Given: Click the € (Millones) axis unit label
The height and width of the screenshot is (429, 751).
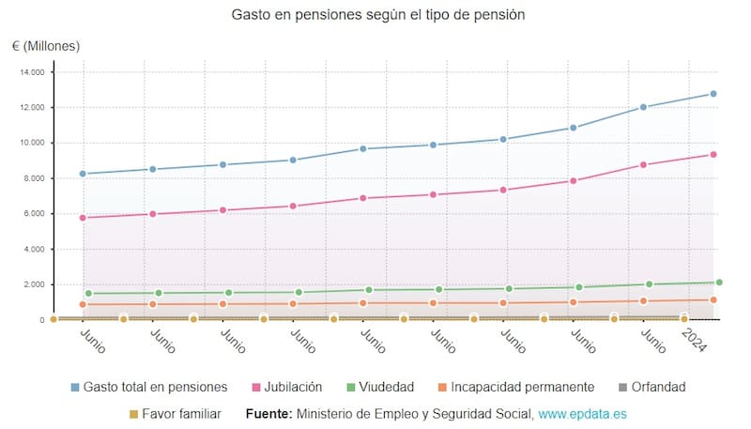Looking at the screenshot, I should coord(46,46).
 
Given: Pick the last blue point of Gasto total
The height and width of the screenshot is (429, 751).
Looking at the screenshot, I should coord(713,94).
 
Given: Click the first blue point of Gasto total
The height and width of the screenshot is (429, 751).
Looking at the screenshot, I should coord(83,174).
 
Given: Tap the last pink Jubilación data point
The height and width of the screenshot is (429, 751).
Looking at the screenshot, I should coord(713,155).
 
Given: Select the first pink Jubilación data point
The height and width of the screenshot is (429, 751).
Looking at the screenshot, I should coord(83,218).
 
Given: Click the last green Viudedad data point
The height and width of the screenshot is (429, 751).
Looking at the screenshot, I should coord(719,282).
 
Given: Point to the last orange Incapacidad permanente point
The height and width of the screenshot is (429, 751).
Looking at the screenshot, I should coord(713,300).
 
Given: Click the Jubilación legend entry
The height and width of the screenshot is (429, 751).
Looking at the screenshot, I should coord(287,387).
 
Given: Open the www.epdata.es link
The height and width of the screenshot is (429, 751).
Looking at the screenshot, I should coord(583,413).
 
